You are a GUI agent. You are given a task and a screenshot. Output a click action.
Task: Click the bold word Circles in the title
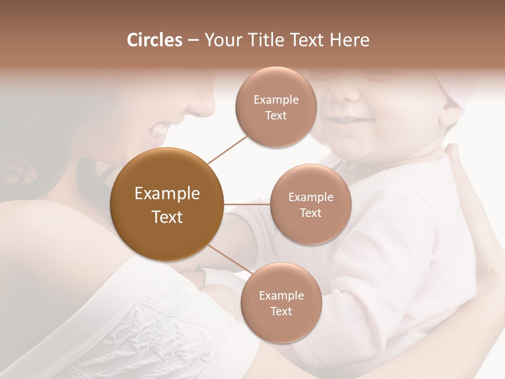point(154,40)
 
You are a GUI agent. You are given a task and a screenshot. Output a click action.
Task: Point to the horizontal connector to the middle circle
point(247,204)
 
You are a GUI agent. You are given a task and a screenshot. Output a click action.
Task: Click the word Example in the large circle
point(167,194)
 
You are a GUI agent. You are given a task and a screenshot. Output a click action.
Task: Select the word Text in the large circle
point(167,217)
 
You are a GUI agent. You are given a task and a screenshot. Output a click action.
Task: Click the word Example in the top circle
point(276,100)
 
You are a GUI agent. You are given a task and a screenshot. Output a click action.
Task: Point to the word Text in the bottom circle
point(281,311)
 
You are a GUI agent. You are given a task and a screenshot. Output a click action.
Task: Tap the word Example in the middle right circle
point(310,197)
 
